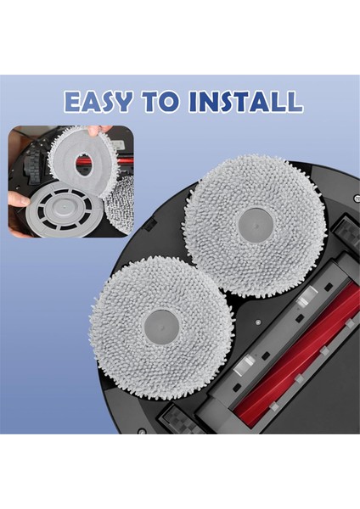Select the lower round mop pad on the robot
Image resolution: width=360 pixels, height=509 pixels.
click(160, 324)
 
